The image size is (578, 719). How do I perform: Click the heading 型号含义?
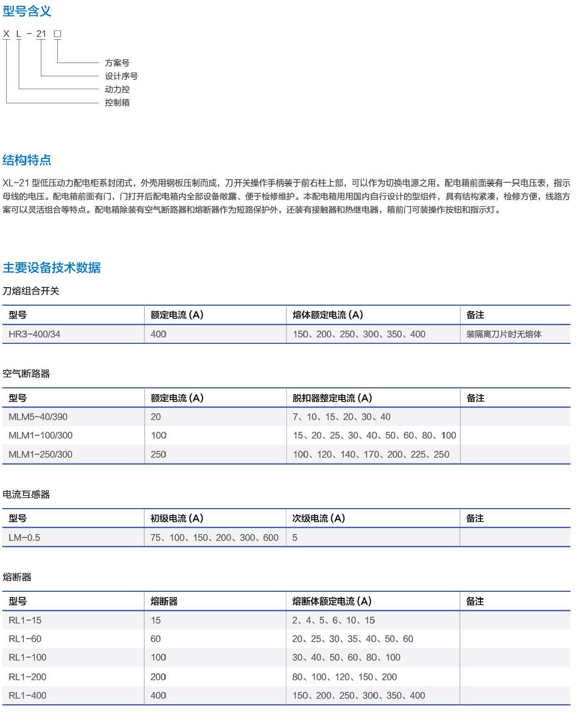tap(27, 11)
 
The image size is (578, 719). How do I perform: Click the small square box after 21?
tap(57, 34)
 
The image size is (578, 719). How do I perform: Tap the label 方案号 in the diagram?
tap(117, 63)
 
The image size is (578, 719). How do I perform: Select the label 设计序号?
tap(121, 76)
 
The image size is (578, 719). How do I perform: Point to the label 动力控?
tap(117, 90)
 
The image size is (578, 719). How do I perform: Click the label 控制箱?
tap(117, 103)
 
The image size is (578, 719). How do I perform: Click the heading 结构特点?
tap(27, 160)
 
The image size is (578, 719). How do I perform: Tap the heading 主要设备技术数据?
tap(52, 268)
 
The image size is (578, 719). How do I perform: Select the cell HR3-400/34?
tap(34, 334)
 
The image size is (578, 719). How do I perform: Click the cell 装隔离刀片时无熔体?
tap(504, 334)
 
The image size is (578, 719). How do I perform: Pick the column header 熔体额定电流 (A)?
tap(328, 315)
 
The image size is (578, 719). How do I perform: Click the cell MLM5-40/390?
tap(38, 417)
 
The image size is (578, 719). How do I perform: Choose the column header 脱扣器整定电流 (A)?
tap(332, 398)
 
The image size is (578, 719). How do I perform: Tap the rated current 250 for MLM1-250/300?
tap(158, 455)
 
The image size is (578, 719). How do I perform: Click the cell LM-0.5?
tap(24, 538)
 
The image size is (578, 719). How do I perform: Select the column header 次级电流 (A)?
tap(318, 518)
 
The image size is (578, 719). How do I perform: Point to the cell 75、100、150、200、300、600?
tap(214, 538)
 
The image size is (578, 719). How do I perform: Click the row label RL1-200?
tap(28, 677)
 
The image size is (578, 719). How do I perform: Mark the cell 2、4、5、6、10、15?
tap(334, 620)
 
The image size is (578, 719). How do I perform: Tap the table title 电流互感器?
tap(27, 494)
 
